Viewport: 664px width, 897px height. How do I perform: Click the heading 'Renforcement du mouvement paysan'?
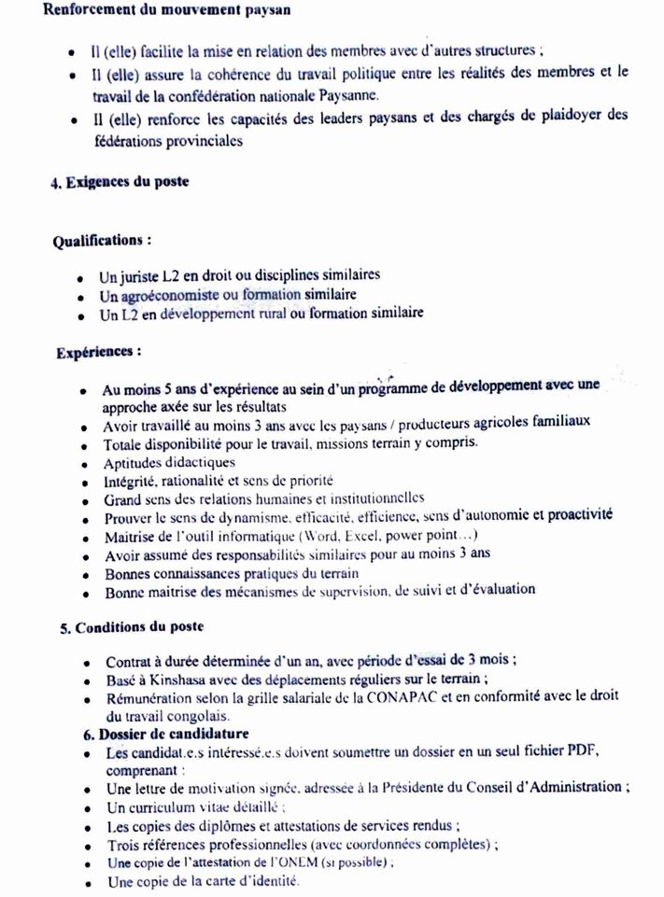(x=161, y=12)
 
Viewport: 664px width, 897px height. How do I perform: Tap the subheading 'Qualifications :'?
(x=102, y=240)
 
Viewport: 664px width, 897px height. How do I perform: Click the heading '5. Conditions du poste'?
(x=132, y=627)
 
